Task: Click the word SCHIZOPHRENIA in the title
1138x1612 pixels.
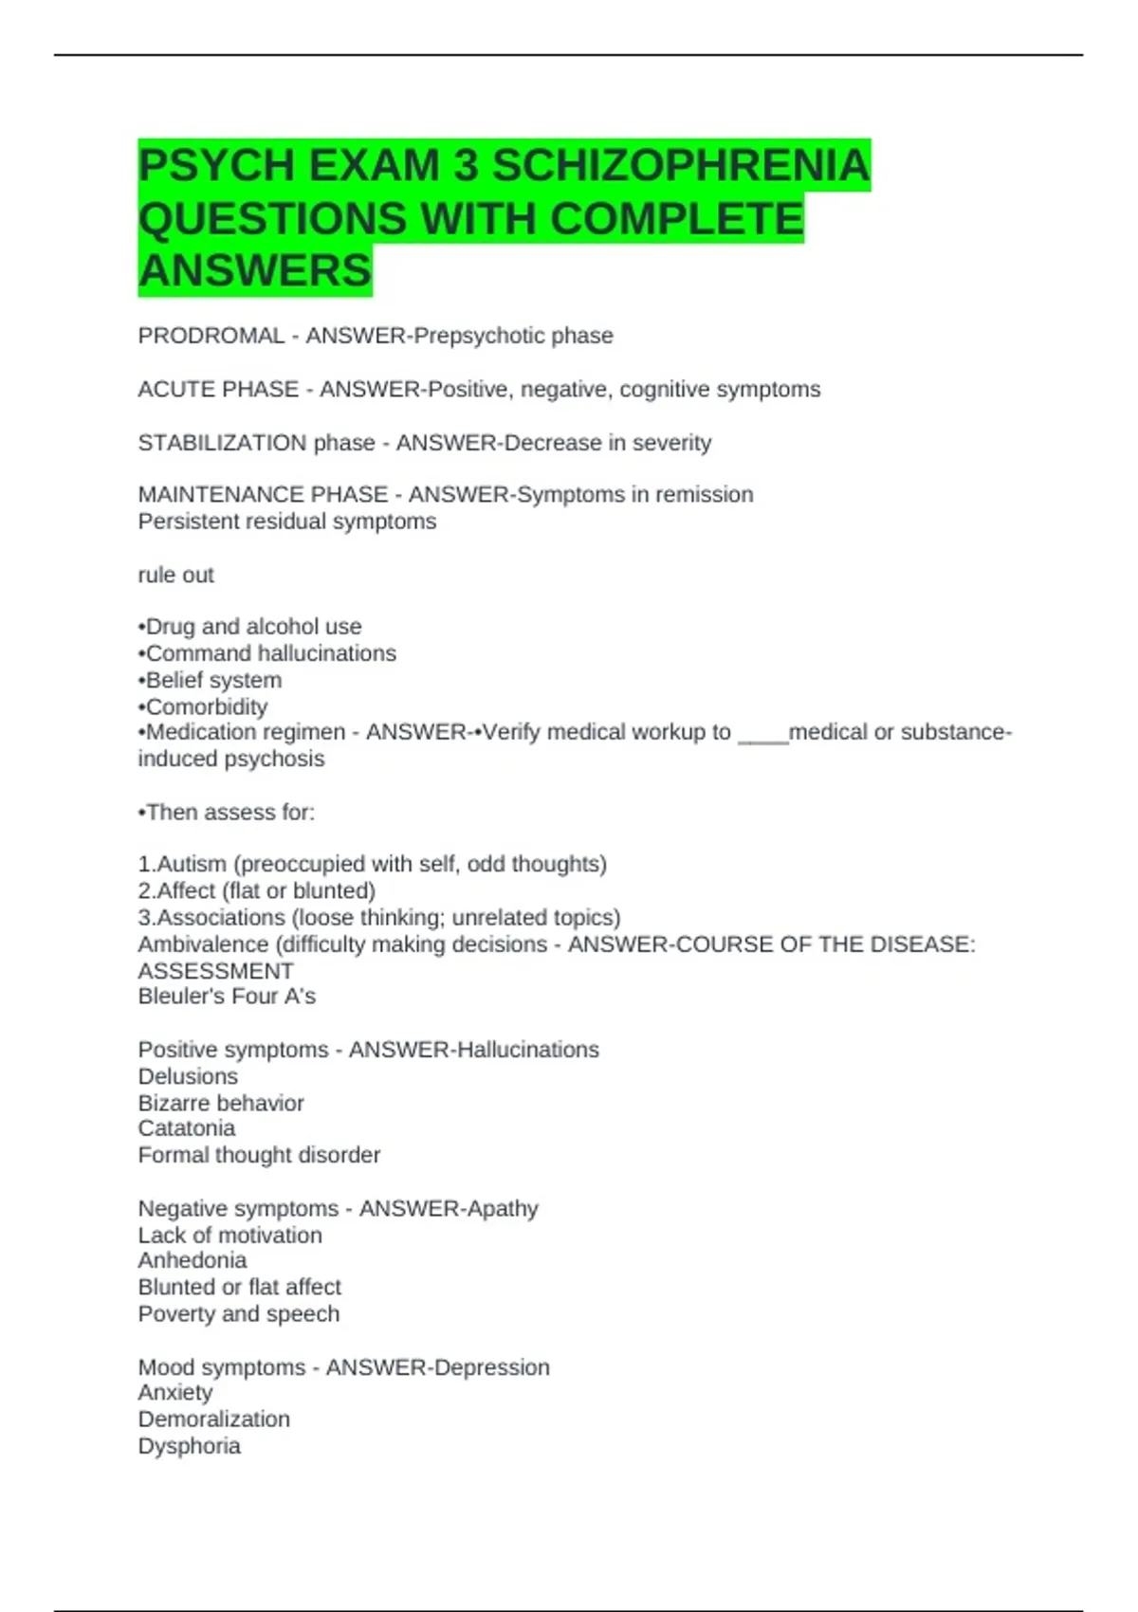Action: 680,166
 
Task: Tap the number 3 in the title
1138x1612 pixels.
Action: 466,166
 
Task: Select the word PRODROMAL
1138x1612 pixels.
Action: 211,336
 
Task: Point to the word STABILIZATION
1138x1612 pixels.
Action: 222,443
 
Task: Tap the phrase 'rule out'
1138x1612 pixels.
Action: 175,575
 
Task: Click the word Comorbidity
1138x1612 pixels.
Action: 206,706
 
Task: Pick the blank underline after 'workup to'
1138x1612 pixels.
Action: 762,733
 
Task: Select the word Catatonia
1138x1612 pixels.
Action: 186,1128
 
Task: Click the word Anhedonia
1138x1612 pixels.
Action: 192,1260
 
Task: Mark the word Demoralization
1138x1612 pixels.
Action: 213,1420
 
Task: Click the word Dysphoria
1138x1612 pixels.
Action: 189,1446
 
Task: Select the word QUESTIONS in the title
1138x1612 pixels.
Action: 272,219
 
